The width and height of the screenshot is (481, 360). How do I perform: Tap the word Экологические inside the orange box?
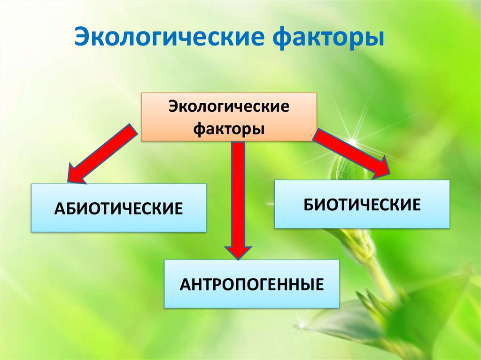[x=229, y=107]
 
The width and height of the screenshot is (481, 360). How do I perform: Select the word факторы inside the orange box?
[x=229, y=128]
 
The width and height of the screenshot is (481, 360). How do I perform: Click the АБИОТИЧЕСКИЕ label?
[x=118, y=208]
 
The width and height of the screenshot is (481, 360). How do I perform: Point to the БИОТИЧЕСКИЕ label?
[x=362, y=205]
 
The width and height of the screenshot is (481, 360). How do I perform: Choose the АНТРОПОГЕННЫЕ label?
[x=252, y=284]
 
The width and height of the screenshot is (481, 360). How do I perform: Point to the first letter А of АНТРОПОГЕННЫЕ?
[x=185, y=284]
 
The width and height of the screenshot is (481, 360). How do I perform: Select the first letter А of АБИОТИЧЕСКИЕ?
[x=59, y=208]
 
